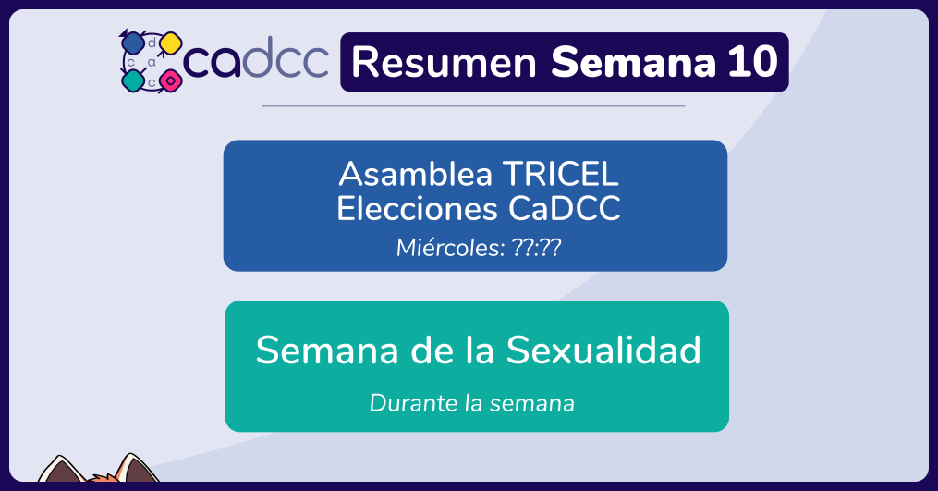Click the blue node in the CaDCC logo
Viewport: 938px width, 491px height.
point(131,43)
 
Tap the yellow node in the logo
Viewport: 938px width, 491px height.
point(170,43)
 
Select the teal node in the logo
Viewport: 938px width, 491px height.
point(132,80)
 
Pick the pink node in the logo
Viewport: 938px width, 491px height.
point(170,80)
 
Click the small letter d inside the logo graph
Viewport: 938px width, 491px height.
point(152,43)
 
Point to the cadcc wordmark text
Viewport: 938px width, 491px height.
point(256,58)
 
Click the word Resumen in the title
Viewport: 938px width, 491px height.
point(444,62)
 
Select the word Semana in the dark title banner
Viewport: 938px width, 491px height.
point(633,62)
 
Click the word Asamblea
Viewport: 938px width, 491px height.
point(415,174)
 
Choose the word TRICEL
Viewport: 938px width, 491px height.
point(561,174)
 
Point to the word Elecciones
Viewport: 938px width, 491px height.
point(417,209)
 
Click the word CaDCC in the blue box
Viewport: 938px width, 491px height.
point(565,209)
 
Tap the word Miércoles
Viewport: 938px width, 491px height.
point(450,247)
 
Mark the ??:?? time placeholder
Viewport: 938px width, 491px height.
point(537,247)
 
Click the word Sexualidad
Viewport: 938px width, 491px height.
point(603,350)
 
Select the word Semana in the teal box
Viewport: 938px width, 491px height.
point(326,350)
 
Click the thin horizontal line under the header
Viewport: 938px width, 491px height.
point(473,106)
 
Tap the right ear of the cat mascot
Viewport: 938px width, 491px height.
point(137,469)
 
